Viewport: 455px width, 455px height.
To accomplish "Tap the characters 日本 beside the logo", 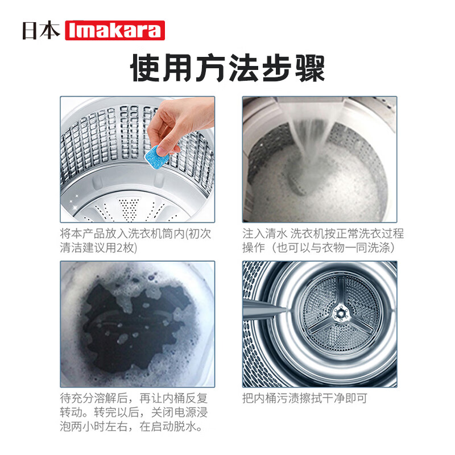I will point(41,30).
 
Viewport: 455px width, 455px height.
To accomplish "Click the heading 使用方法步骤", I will point(227,69).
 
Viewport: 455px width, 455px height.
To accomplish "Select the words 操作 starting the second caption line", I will point(254,248).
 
